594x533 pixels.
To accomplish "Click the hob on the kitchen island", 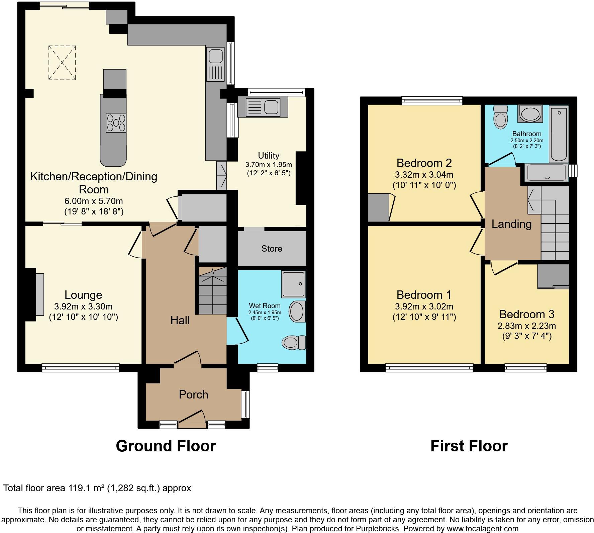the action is [116, 123].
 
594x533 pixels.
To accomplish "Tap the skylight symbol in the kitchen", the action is [62, 63].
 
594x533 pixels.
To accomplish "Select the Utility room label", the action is [269, 156].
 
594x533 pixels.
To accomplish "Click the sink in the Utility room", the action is [263, 107].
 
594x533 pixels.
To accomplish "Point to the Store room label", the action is [272, 249].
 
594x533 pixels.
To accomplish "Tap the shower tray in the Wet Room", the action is [294, 284].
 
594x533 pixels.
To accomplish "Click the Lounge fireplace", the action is [39, 294].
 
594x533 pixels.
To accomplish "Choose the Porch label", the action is [193, 394].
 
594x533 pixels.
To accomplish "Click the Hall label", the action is [180, 320].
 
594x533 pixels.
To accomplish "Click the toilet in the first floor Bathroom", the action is [501, 117].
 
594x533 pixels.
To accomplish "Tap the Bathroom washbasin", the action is [530, 114].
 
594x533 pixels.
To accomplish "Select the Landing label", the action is [511, 224].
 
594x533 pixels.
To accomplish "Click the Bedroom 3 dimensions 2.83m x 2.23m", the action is [527, 326].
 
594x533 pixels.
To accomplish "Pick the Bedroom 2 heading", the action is [424, 163].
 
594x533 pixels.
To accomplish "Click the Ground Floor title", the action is [166, 446].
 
